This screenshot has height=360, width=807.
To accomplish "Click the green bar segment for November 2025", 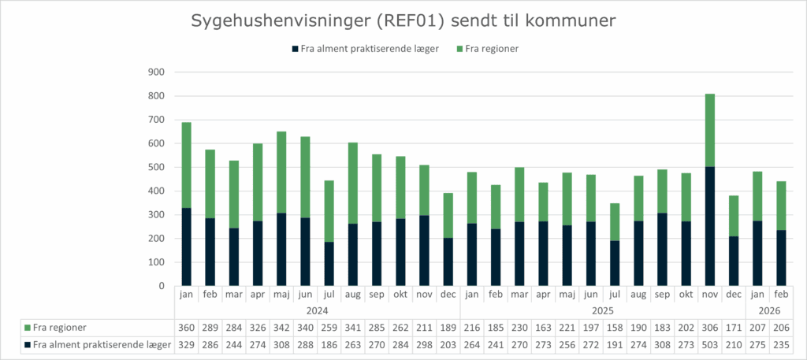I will point(710,130).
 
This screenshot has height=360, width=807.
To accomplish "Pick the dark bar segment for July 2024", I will point(328,264).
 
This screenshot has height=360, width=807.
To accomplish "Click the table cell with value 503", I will point(710,344).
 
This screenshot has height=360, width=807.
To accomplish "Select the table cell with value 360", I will point(187,327).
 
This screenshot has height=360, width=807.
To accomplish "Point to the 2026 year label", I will point(768,310).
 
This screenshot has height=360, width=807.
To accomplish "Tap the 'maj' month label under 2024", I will point(281,295).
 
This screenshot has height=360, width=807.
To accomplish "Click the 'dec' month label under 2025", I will point(734,295).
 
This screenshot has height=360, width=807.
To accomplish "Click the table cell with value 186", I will point(328,344).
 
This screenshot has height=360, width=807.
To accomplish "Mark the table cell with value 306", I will point(710,327).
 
